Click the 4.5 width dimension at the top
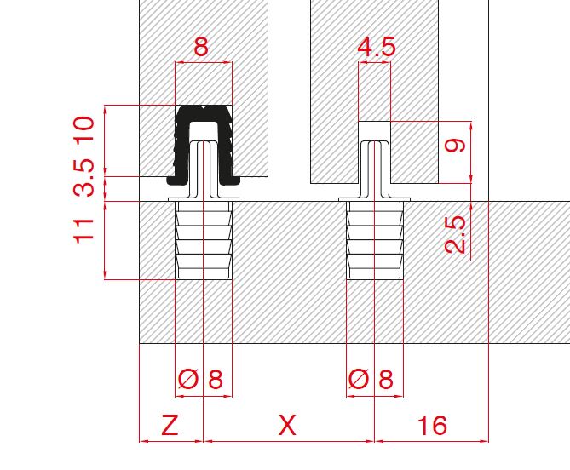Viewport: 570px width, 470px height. [377, 47]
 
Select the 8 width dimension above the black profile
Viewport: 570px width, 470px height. [201, 47]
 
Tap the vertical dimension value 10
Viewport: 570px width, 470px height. [85, 129]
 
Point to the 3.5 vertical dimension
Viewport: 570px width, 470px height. [85, 178]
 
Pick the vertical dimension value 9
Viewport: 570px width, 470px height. [455, 146]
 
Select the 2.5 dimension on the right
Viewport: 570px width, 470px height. [455, 235]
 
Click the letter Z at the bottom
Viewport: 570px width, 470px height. [170, 425]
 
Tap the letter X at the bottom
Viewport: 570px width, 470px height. [287, 425]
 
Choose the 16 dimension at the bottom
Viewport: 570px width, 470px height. [433, 426]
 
